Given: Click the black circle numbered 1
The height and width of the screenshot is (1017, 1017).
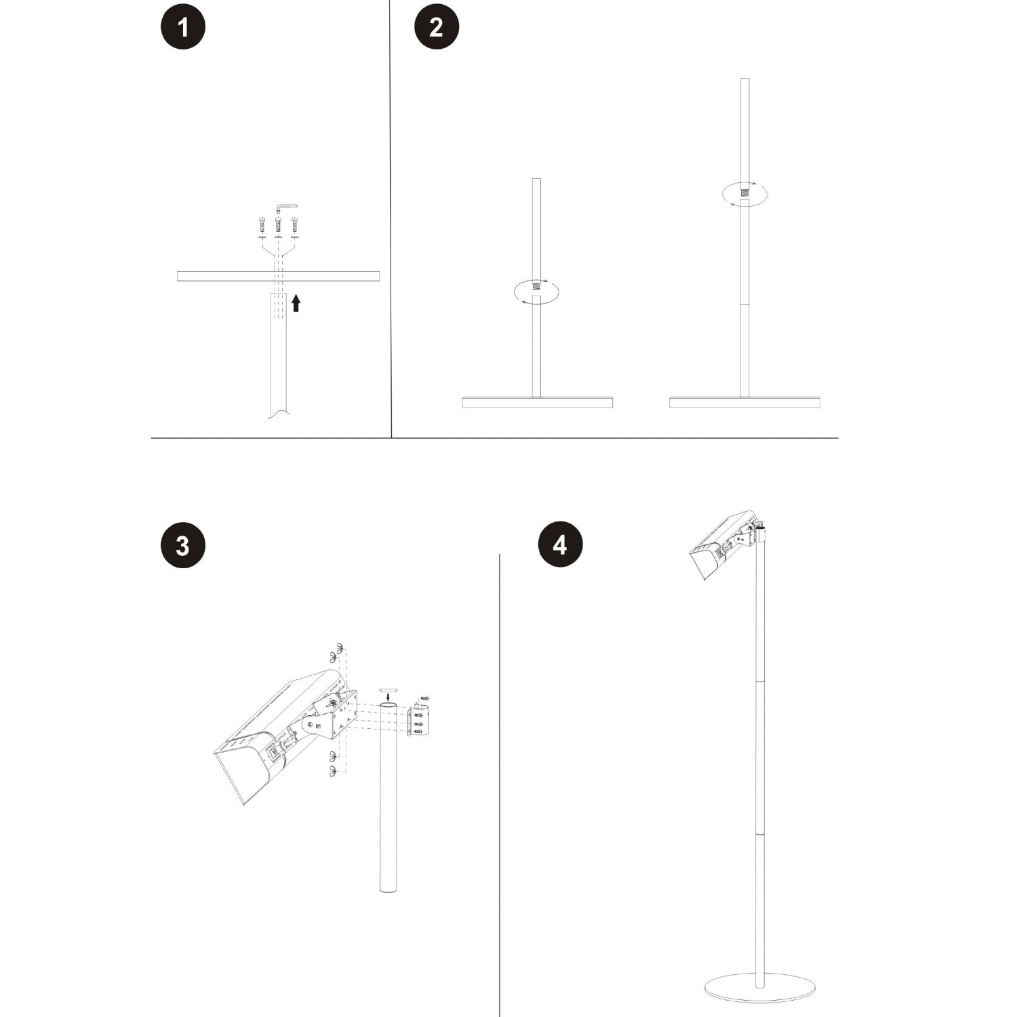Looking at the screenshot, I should [x=182, y=28].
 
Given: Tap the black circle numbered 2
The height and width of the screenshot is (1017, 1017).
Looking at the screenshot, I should [x=437, y=28].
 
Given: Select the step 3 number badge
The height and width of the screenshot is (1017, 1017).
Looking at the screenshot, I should [x=182, y=545].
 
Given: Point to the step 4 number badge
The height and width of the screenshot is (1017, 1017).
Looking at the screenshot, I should [x=559, y=545].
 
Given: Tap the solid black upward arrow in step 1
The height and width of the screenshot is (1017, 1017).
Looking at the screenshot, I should [x=296, y=302].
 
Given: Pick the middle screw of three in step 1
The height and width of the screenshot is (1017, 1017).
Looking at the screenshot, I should [x=278, y=223].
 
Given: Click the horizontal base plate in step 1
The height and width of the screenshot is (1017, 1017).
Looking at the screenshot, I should [x=278, y=276].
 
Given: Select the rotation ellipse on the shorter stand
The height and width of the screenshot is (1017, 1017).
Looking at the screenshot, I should [x=536, y=291].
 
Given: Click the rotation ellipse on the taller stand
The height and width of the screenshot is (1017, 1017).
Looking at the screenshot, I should [x=744, y=193].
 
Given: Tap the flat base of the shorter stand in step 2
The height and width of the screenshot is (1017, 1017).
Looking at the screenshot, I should [x=538, y=403].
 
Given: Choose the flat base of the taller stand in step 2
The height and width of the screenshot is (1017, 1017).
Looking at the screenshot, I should [x=744, y=403].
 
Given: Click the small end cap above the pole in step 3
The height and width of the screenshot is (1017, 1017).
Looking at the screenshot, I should [x=388, y=687].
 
